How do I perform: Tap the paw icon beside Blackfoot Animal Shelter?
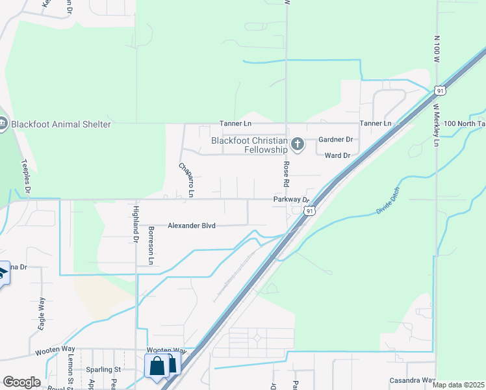click(2, 124)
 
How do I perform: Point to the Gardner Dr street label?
click(335, 140)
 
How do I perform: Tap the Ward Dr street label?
click(337, 155)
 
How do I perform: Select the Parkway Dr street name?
click(294, 200)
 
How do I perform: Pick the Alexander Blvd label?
click(191, 226)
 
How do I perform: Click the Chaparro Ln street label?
click(186, 179)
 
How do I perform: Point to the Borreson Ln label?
click(151, 245)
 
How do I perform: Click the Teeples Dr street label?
click(26, 176)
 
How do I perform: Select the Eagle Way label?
click(42, 315)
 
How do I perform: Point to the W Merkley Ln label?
click(437, 123)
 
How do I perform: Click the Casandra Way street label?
click(412, 380)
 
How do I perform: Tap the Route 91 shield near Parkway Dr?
click(310, 211)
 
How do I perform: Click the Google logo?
click(21, 382)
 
